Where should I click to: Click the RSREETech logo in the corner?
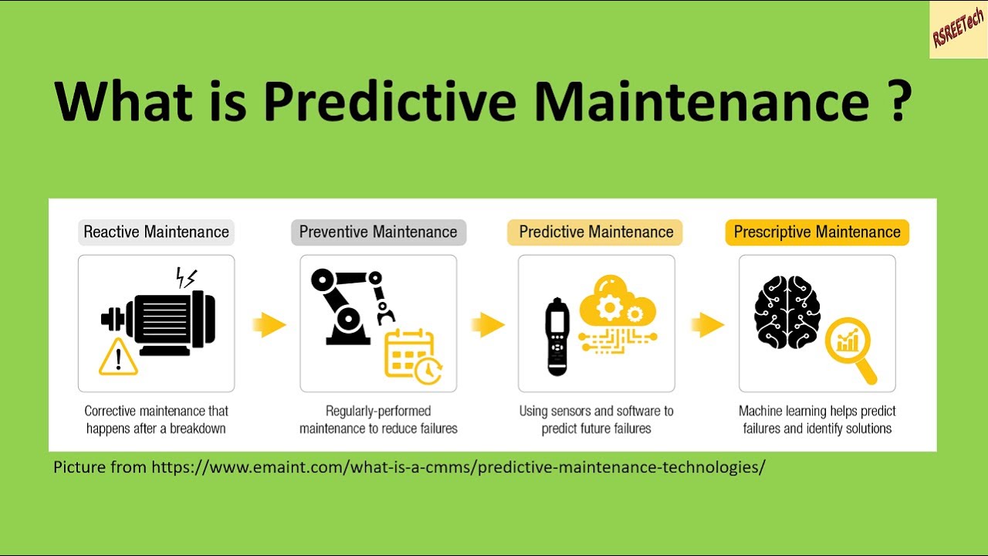pyautogui.click(x=958, y=29)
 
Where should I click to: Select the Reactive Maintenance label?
pyautogui.click(x=156, y=232)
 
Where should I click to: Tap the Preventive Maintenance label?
pyautogui.click(x=378, y=232)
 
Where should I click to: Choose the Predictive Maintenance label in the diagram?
pyautogui.click(x=596, y=232)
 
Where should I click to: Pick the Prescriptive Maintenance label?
pyautogui.click(x=817, y=232)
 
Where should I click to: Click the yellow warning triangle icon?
pyautogui.click(x=118, y=357)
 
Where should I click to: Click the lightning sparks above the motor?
pyautogui.click(x=186, y=278)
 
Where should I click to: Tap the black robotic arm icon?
pyautogui.click(x=347, y=305)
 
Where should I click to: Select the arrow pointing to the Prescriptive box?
pyautogui.click(x=707, y=324)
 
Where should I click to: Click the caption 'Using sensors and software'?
pyautogui.click(x=596, y=411)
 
